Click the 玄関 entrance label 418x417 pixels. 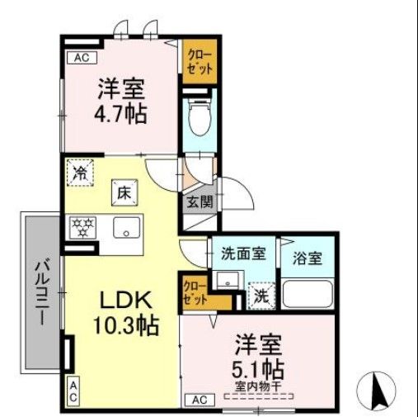click(x=197, y=201)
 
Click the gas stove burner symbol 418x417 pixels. click(x=82, y=227)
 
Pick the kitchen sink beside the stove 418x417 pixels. click(x=127, y=227)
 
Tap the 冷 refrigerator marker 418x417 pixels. click(x=81, y=173)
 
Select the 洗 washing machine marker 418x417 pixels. click(x=258, y=293)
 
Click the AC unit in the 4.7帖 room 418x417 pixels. click(x=81, y=58)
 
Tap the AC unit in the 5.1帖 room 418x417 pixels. click(x=198, y=400)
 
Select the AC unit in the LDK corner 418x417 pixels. click(x=73, y=393)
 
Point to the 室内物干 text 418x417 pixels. click(x=259, y=383)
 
